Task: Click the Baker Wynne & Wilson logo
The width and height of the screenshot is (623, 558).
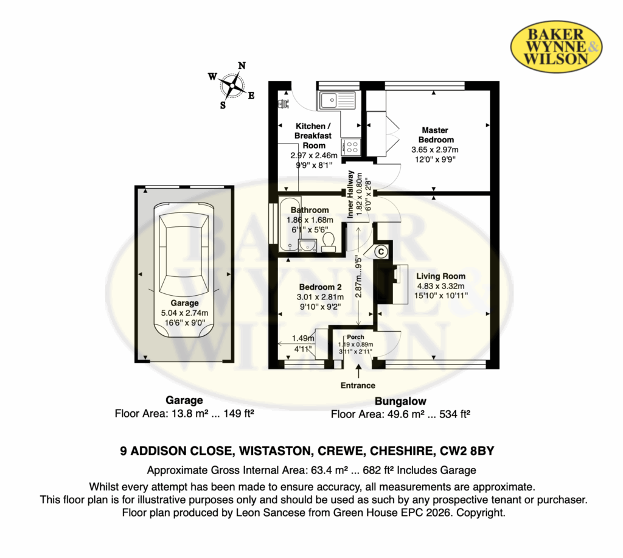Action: pyautogui.click(x=556, y=46)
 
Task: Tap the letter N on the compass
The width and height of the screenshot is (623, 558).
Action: pyautogui.click(x=242, y=66)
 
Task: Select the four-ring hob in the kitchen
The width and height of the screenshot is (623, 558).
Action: pyautogui.click(x=352, y=146)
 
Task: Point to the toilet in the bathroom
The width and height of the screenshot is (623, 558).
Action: pyautogui.click(x=328, y=242)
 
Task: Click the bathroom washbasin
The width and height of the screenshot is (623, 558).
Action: pyautogui.click(x=307, y=245)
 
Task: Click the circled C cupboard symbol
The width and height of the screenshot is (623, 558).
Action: pyautogui.click(x=381, y=251)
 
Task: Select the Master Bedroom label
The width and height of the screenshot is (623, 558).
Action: pyautogui.click(x=436, y=134)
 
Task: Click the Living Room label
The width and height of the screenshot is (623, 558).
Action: pyautogui.click(x=440, y=276)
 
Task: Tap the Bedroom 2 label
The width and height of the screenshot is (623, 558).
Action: pyautogui.click(x=320, y=287)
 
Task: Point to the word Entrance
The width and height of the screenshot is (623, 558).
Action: pyautogui.click(x=358, y=385)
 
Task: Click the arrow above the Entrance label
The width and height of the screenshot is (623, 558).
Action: pyautogui.click(x=359, y=371)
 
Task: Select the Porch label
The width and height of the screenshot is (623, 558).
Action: pyautogui.click(x=355, y=337)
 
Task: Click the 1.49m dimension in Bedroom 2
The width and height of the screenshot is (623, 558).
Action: pyautogui.click(x=303, y=338)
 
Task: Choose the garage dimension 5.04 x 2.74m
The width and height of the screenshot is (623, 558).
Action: pyautogui.click(x=184, y=313)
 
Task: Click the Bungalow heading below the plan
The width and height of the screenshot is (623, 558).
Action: pyautogui.click(x=400, y=401)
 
